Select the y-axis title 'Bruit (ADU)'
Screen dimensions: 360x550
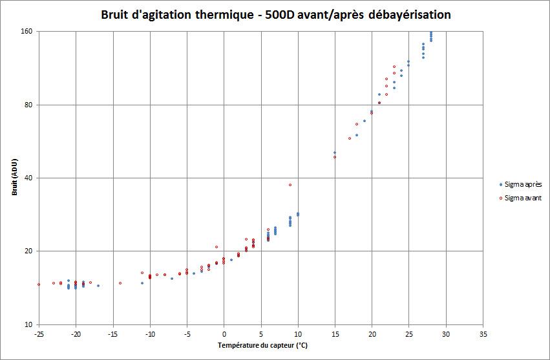[x=14, y=178]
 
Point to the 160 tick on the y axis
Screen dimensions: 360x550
[x=28, y=32]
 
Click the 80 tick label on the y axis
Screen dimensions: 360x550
[x=29, y=105]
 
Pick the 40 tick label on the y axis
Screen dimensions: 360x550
[x=29, y=178]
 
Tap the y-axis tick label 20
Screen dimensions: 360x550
[x=29, y=251]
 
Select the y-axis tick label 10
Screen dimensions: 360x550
[x=29, y=324]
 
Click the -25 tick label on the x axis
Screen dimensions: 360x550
[x=39, y=334]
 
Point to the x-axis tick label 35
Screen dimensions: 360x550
[x=483, y=334]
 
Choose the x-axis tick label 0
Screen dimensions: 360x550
[x=224, y=334]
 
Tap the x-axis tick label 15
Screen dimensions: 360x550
[x=335, y=334]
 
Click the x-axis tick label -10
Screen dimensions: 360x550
[x=150, y=334]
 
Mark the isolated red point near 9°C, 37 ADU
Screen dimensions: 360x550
[x=290, y=185]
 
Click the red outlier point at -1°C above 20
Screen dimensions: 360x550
[x=217, y=247]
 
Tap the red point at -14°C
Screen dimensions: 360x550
[x=120, y=282]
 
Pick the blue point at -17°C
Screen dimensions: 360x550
[x=98, y=286]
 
